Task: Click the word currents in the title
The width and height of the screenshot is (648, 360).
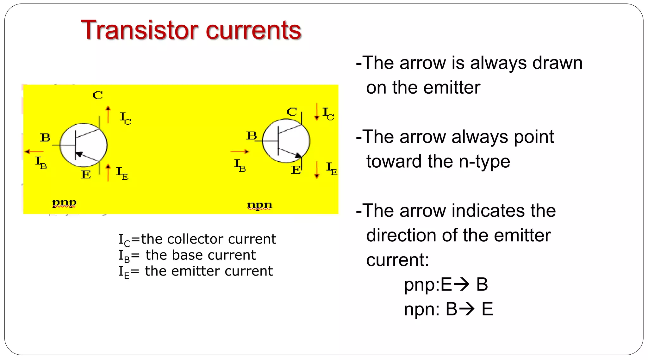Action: tap(253, 30)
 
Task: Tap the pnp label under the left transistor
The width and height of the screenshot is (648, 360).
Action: tap(64, 202)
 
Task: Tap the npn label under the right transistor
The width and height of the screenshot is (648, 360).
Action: tap(259, 205)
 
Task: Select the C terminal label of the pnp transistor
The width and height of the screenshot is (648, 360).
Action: tap(97, 95)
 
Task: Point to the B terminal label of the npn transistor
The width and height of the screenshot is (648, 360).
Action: tap(252, 136)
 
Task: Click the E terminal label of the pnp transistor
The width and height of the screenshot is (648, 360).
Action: tap(86, 174)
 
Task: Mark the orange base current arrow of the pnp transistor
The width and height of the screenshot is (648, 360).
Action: tap(34, 152)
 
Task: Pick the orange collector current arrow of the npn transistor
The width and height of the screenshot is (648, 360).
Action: tap(317, 112)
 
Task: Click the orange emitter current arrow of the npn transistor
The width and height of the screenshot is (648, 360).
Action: tap(317, 170)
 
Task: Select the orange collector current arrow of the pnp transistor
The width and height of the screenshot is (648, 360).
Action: tap(108, 114)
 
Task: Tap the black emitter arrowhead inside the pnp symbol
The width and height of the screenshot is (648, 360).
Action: tap(79, 154)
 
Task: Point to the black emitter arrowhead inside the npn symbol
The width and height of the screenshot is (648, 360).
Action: tap(298, 155)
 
